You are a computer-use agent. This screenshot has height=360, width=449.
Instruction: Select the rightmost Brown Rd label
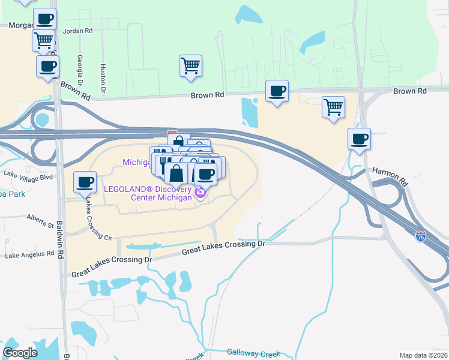point(409,91)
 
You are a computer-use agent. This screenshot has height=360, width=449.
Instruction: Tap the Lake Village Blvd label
point(28,175)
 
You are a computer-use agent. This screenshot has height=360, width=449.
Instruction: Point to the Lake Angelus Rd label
point(29,255)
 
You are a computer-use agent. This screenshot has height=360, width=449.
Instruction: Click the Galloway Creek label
point(253,353)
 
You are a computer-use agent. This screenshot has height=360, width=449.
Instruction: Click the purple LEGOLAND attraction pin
point(200,193)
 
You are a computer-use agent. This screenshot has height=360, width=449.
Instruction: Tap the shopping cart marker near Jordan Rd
point(44,40)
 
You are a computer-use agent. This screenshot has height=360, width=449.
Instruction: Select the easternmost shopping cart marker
point(333,107)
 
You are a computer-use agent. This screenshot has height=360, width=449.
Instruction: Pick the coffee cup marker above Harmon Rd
point(359,139)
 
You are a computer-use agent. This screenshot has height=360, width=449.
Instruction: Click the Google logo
point(20,353)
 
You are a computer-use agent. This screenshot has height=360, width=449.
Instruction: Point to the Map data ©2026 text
point(424,355)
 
